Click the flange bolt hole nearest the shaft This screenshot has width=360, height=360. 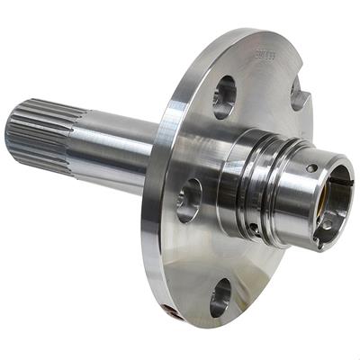click(x=189, y=199)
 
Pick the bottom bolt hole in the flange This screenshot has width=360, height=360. click(x=220, y=297)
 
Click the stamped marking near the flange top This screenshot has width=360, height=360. click(x=265, y=56)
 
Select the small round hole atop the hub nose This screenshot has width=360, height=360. click(x=311, y=167)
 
